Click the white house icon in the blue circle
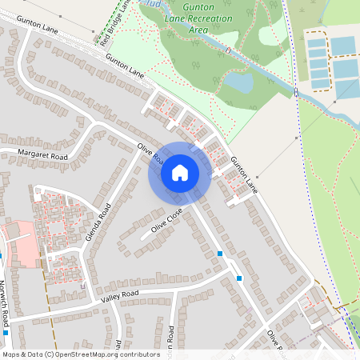pyautogui.click(x=179, y=173)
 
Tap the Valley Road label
pyautogui.click(x=120, y=297)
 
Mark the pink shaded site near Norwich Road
pyautogui.click(x=18, y=244)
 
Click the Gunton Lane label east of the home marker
pyautogui.click(x=244, y=174)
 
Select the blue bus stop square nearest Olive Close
pyautogui.click(x=220, y=254)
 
